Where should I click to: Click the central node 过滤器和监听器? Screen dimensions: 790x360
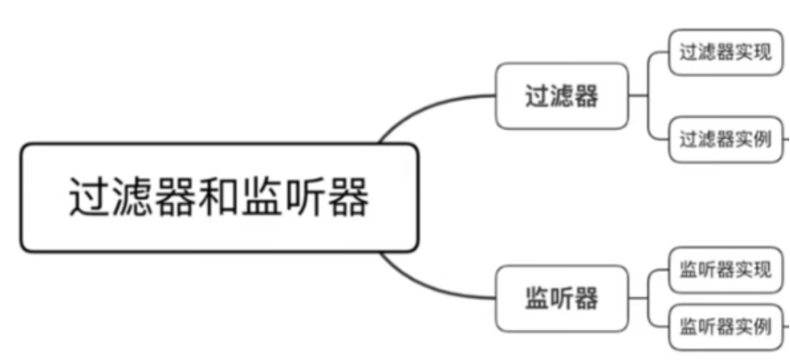click(x=219, y=198)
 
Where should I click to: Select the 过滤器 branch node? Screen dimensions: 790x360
click(x=562, y=96)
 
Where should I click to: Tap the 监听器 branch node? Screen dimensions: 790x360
click(x=562, y=298)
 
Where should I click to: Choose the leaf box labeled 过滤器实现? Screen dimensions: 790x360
click(x=725, y=52)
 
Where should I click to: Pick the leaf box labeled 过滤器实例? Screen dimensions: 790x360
click(x=725, y=139)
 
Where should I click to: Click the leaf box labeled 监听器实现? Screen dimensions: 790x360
click(x=725, y=269)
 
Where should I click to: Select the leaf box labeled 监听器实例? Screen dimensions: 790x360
click(x=725, y=327)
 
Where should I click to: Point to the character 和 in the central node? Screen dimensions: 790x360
click(x=218, y=198)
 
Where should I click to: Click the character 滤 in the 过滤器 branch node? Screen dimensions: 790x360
click(x=562, y=96)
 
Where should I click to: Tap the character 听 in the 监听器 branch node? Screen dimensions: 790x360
click(x=562, y=298)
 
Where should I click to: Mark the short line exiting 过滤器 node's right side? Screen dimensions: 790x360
click(x=638, y=96)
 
